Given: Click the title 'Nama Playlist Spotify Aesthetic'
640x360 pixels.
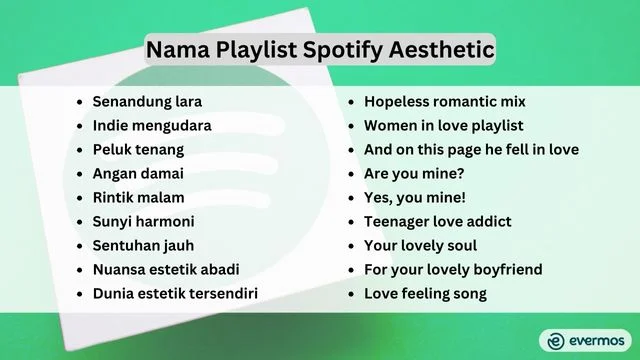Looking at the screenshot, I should coord(319,48).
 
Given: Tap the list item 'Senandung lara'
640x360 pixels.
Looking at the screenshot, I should coord(146,102).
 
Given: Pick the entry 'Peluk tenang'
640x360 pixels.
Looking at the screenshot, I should coord(138,150).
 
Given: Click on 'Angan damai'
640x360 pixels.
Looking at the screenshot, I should coord(138,174).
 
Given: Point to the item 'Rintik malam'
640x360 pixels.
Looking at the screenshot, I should coord(139,198).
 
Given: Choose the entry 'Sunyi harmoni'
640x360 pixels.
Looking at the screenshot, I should coord(143,222).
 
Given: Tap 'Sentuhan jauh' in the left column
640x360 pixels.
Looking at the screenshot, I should coord(143,246).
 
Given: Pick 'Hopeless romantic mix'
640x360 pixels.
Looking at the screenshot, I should coord(444,102).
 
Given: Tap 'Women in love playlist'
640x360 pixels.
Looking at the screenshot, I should coord(443,126).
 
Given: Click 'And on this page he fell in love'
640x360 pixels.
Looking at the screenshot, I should coord(471,150).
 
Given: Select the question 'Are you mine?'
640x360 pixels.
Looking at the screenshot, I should coord(412,174).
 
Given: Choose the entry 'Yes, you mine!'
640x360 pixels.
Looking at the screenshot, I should coord(415,198).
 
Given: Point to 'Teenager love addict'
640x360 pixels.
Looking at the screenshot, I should coord(438,222).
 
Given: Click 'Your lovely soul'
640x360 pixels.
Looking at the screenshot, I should coord(420,246).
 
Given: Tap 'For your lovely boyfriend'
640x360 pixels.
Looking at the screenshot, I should coord(453,270).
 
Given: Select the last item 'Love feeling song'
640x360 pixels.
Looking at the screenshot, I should coord(425,294).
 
